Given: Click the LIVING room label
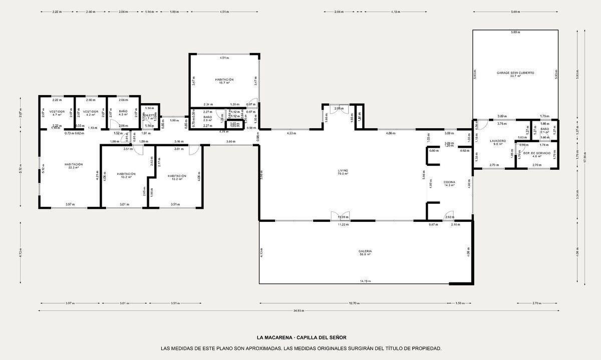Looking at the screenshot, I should (343, 171).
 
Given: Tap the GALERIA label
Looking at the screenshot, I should (365, 252).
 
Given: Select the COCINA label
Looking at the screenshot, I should (449, 182).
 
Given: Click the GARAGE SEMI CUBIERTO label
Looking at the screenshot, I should (515, 73).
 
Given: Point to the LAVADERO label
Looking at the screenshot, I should (498, 141).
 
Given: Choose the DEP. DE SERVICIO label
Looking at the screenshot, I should (537, 153).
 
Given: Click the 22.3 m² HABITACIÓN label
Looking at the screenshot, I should (73, 165).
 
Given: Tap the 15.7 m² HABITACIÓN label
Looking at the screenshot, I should (224, 80).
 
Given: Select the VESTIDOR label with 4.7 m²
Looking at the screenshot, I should (56, 112).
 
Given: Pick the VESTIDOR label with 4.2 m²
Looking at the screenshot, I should (90, 112).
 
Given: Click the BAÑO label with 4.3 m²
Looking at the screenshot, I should (123, 112).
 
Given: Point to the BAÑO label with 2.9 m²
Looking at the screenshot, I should (207, 117).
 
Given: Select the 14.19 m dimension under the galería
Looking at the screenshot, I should (365, 281).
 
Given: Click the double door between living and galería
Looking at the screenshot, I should (340, 215).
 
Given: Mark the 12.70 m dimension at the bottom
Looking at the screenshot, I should (355, 303).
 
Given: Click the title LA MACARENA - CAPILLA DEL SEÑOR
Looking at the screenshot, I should (301, 337).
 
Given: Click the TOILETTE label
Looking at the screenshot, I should (149, 115).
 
